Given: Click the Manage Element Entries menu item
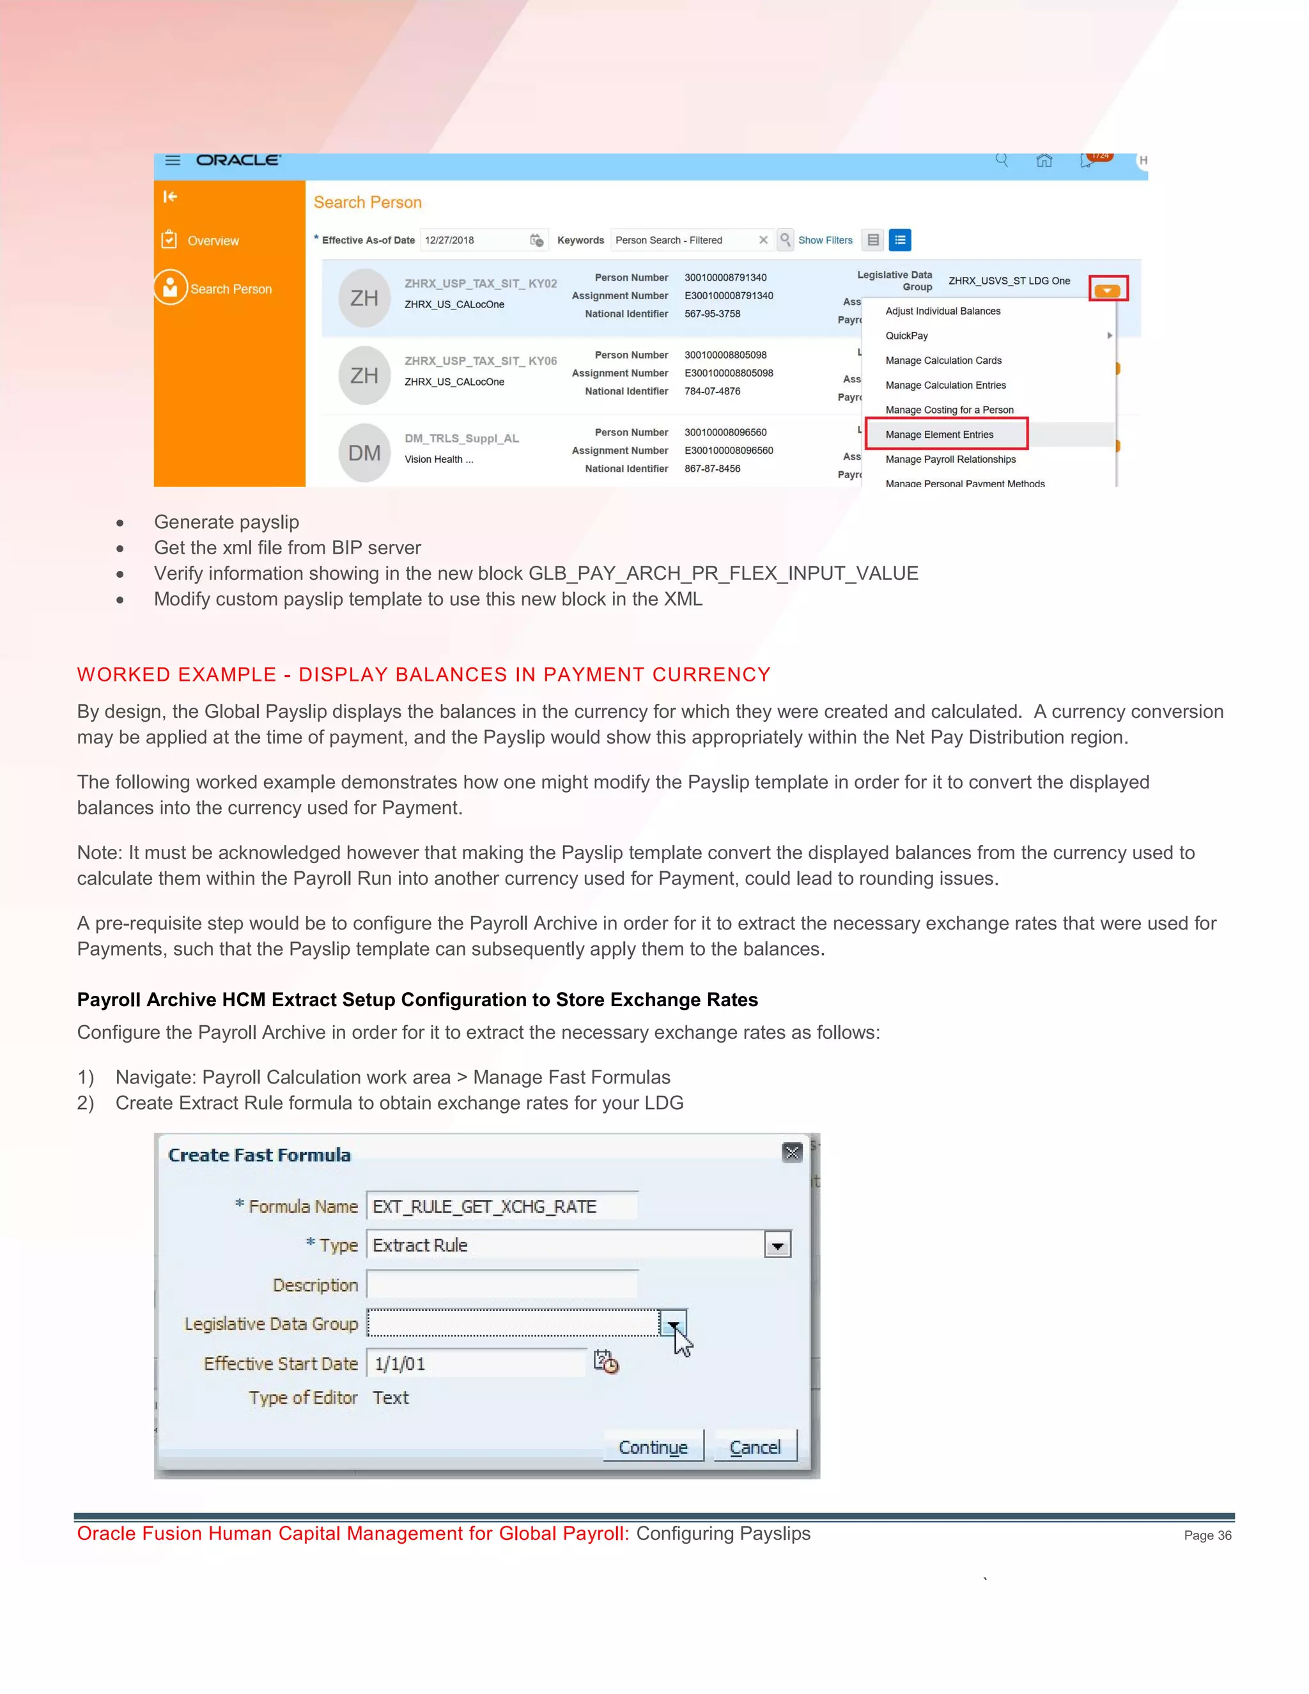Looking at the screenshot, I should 939,434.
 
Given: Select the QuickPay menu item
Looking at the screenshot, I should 906,336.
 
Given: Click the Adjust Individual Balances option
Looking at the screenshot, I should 942,311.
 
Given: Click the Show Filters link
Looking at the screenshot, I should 825,240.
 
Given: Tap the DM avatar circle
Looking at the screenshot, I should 364,453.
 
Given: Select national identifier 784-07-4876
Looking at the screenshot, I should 712,392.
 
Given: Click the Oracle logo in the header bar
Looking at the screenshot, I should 238,160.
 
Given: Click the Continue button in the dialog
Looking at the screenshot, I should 653,1447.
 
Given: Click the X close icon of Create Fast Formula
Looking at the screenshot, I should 792,1153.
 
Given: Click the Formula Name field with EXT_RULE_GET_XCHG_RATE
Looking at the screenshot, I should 502,1207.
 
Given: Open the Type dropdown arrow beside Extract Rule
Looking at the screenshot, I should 777,1246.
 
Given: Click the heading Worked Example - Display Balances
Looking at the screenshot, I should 423,675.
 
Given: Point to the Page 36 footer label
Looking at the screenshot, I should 1207,1535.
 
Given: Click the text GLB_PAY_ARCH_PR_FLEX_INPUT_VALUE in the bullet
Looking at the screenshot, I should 723,573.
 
